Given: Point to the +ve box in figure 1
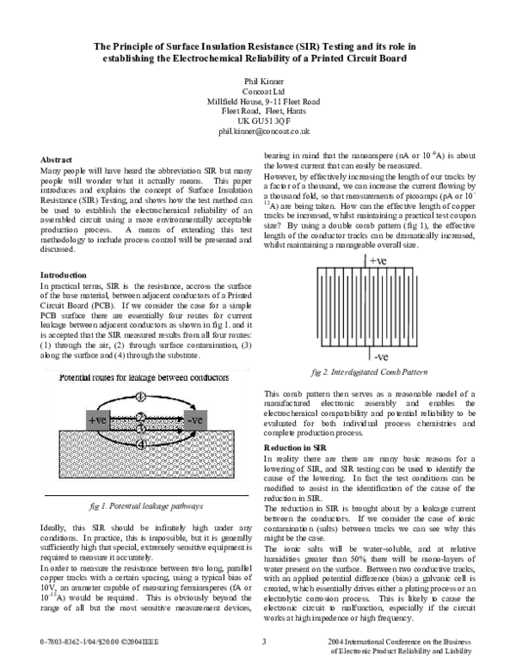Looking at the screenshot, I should pyautogui.click(x=97, y=420).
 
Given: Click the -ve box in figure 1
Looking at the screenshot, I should pyautogui.click(x=196, y=420).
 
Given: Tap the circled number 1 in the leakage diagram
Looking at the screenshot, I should pyautogui.click(x=143, y=397).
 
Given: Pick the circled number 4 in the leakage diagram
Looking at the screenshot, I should pyautogui.click(x=143, y=444).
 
